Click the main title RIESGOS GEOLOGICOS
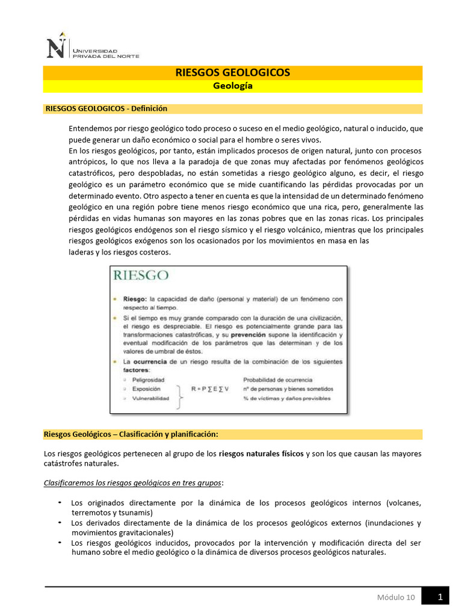(232, 72)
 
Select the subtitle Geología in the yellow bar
(233, 86)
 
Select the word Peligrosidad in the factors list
(148, 380)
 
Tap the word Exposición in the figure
(146, 389)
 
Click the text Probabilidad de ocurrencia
(277, 380)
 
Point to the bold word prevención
(250, 334)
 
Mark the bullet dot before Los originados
(60, 502)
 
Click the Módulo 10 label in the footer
(395, 597)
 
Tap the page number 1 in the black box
(440, 597)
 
